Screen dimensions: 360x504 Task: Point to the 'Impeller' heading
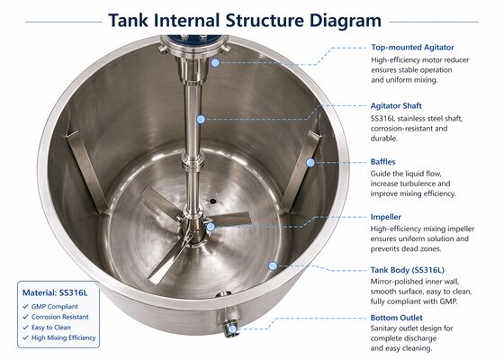(x=389, y=217)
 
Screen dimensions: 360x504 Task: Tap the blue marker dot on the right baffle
(x=310, y=162)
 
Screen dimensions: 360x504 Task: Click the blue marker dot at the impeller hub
(x=211, y=226)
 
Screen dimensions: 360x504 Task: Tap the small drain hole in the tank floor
(x=213, y=201)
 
